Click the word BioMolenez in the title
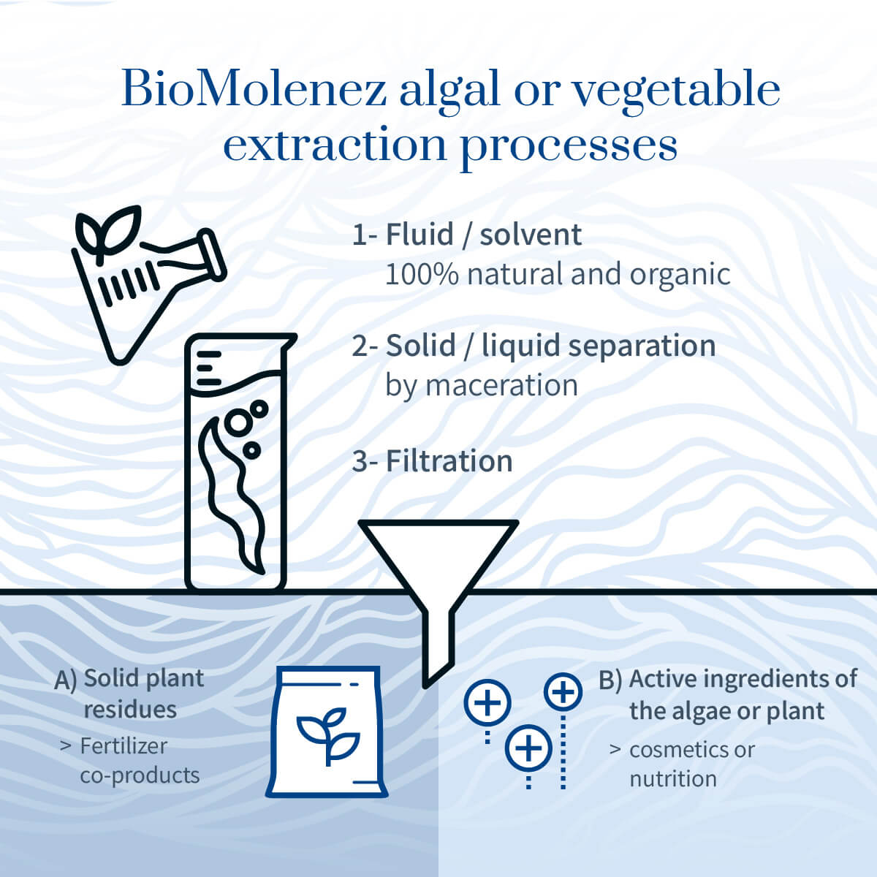[x=254, y=88]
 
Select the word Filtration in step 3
[x=449, y=461]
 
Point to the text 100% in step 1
[x=422, y=274]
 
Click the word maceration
[x=501, y=385]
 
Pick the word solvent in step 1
[x=531, y=235]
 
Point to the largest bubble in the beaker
[x=238, y=422]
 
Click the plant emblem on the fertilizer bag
[x=328, y=736]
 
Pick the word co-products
[x=140, y=776]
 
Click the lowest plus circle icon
[x=528, y=748]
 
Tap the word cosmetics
[x=675, y=750]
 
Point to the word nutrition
[x=673, y=779]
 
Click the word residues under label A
[x=130, y=710]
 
